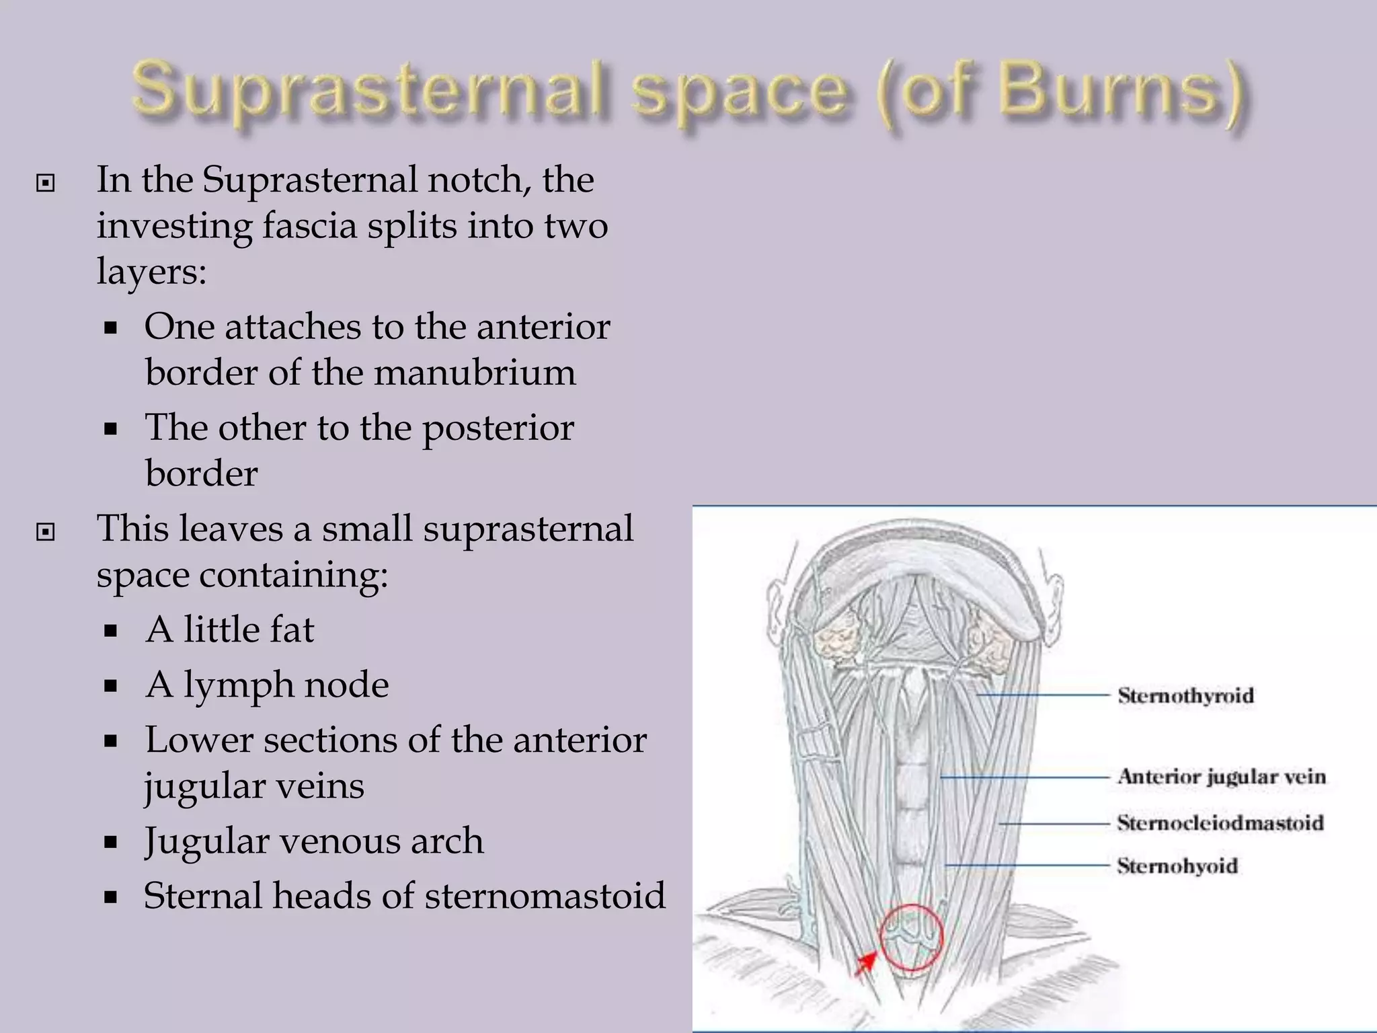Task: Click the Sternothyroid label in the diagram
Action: tap(1185, 695)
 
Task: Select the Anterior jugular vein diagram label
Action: tap(1221, 776)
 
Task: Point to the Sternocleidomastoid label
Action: tap(1220, 822)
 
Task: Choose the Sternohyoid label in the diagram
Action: tap(1177, 865)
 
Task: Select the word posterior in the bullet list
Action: tap(498, 428)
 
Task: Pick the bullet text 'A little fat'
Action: tap(229, 629)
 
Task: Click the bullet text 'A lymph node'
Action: tap(267, 685)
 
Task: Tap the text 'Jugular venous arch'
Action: tap(314, 841)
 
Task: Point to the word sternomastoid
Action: tap(545, 896)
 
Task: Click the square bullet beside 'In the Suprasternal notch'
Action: tap(45, 182)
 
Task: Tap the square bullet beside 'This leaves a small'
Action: tap(45, 532)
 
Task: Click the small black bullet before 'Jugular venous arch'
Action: tap(111, 842)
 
